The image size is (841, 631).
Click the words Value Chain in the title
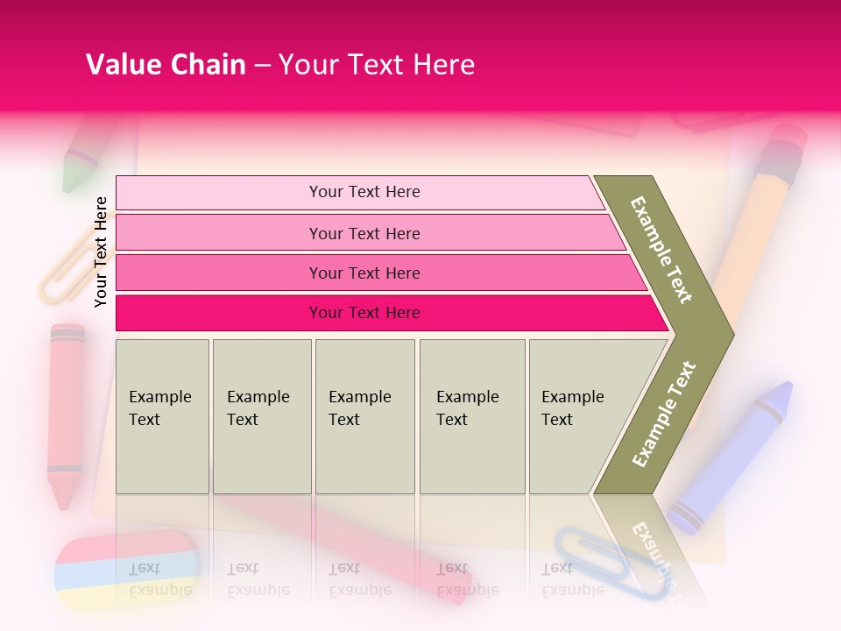pyautogui.click(x=166, y=65)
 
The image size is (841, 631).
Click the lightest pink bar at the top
pyautogui.click(x=364, y=192)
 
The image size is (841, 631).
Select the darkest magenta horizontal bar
pyautogui.click(x=364, y=313)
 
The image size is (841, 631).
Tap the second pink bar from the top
pyautogui.click(x=364, y=233)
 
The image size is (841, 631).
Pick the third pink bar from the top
pyautogui.click(x=364, y=273)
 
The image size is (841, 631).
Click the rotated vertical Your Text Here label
pyautogui.click(x=101, y=252)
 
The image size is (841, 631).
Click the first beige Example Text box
pyautogui.click(x=162, y=416)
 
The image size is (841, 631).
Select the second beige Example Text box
pyautogui.click(x=261, y=416)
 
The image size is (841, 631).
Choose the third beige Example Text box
pyautogui.click(x=364, y=416)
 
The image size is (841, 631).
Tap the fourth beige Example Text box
pyautogui.click(x=471, y=416)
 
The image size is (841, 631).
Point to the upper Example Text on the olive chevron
pyautogui.click(x=662, y=250)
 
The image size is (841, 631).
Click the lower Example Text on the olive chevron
pyautogui.click(x=664, y=415)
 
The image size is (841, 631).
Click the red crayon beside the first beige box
pyautogui.click(x=66, y=412)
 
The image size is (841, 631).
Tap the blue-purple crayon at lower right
pyautogui.click(x=736, y=456)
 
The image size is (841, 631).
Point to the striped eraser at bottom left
pyautogui.click(x=127, y=570)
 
